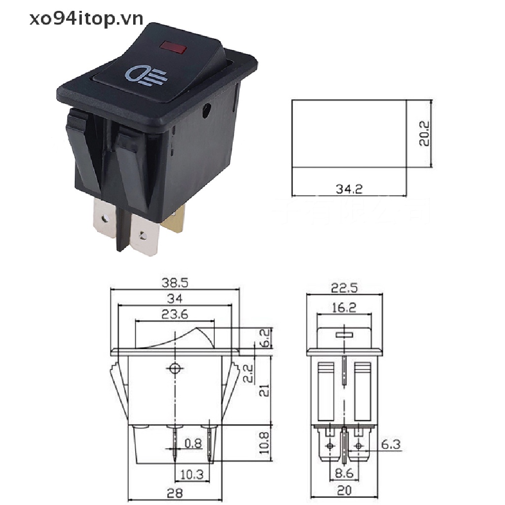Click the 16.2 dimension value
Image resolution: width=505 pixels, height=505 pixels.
[344, 308]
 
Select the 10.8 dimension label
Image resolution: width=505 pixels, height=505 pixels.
[265, 442]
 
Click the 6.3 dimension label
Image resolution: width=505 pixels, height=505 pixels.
[391, 445]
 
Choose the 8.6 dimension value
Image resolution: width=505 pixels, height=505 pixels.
[344, 474]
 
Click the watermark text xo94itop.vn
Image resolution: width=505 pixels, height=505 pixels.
[86, 19]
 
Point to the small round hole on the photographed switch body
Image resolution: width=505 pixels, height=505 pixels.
[205, 111]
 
